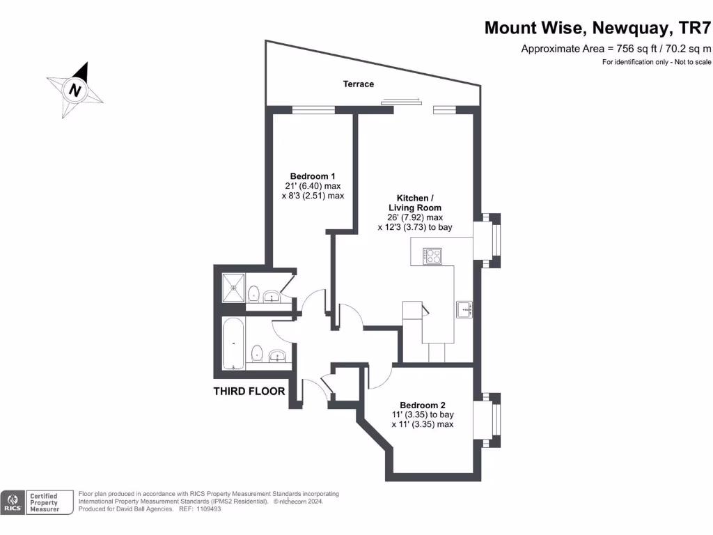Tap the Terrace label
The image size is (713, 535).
tap(359, 84)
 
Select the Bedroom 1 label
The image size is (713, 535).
tap(313, 176)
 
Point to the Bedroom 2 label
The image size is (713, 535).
tap(422, 405)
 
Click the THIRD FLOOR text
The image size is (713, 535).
tap(249, 391)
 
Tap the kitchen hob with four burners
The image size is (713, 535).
tap(432, 256)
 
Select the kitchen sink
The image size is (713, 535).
tap(464, 309)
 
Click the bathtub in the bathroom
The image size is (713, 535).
tap(234, 344)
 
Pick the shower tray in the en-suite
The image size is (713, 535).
tap(234, 287)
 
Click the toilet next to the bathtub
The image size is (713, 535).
tap(256, 353)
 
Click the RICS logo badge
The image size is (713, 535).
tap(12, 503)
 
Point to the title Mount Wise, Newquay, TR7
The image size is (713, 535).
tap(598, 28)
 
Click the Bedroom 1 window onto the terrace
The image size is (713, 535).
tap(313, 109)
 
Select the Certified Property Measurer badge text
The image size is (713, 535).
tap(49, 503)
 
